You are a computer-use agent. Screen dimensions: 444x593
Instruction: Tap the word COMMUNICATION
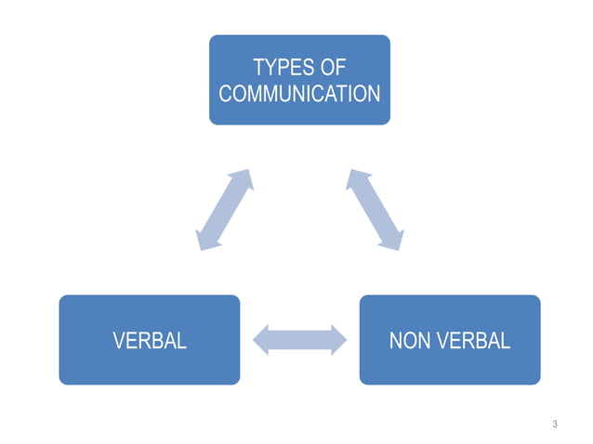click(x=298, y=94)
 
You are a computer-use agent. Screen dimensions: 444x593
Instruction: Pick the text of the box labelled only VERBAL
click(x=149, y=341)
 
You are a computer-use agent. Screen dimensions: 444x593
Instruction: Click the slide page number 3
click(x=555, y=424)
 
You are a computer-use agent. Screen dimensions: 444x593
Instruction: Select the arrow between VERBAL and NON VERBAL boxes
click(x=299, y=339)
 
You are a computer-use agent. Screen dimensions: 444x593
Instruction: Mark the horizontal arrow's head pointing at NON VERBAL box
click(x=336, y=339)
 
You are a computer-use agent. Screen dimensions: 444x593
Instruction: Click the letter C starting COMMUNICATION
click(x=224, y=94)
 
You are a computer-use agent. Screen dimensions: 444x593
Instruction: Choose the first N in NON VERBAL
click(x=395, y=341)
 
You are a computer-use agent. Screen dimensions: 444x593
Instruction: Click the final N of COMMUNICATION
click(x=373, y=94)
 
